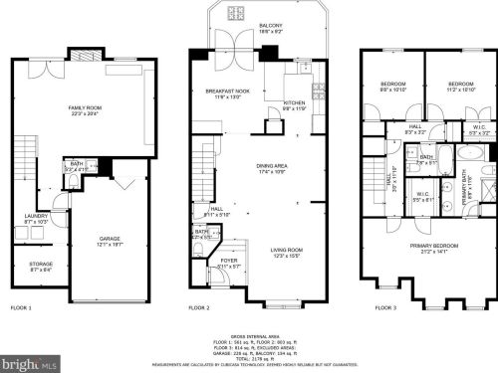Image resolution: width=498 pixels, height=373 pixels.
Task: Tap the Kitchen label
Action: [x=294, y=102]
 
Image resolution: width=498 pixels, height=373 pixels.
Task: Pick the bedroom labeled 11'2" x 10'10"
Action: [x=460, y=85]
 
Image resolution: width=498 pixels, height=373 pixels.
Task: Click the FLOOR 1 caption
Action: [x=21, y=307]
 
